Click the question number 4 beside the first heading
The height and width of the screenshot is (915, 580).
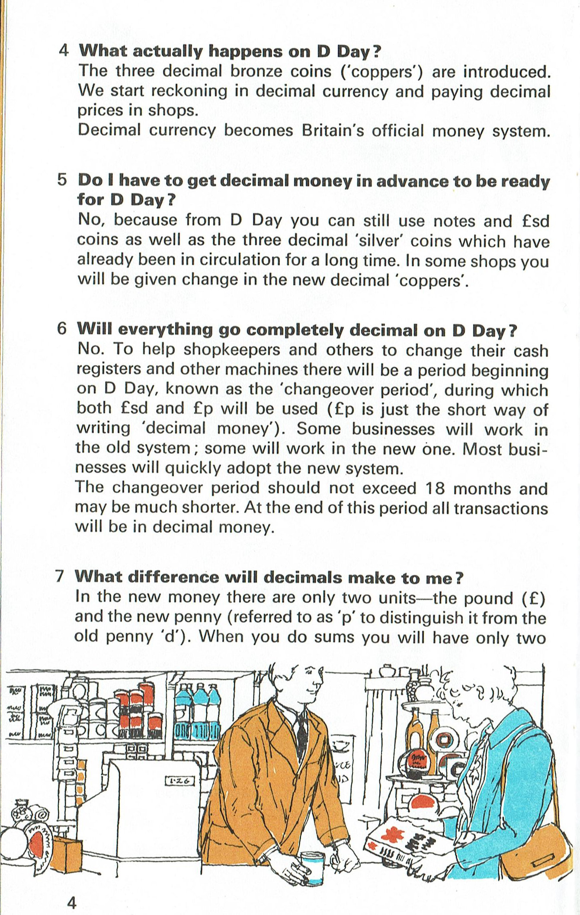pos(64,51)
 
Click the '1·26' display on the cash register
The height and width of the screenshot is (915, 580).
pos(180,781)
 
